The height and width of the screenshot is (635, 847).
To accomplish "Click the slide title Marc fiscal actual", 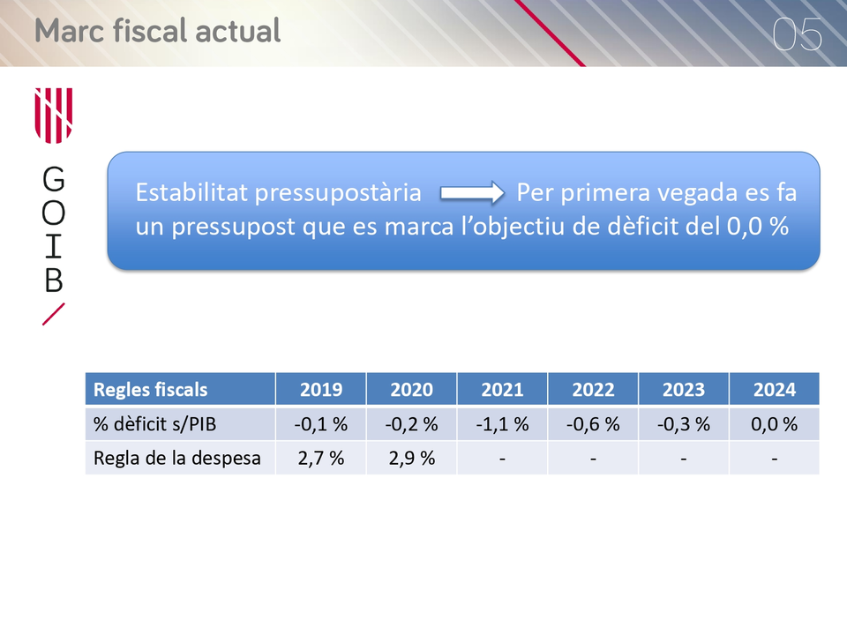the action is [x=158, y=31].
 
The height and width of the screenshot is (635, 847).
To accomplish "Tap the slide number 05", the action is [x=798, y=34].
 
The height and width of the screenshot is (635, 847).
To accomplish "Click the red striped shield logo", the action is [x=54, y=116].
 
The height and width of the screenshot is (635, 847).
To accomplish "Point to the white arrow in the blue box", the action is [x=472, y=193].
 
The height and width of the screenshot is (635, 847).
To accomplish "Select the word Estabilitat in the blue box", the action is [x=191, y=192].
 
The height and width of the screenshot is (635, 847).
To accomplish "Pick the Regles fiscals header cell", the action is [x=150, y=389].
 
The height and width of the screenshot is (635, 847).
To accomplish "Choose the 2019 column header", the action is [x=321, y=389].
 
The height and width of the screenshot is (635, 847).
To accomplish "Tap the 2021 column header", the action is [x=502, y=389].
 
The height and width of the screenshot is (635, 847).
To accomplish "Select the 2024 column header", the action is [x=775, y=389].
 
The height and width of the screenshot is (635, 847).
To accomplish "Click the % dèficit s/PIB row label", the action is [x=154, y=424].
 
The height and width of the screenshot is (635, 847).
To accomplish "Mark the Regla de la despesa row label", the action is [x=177, y=458].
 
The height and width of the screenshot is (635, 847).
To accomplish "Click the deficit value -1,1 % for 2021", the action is [x=502, y=424].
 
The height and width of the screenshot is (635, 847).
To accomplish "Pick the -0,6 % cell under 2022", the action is [x=593, y=424].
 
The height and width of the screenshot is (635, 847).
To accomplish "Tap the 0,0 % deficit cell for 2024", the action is [x=775, y=424].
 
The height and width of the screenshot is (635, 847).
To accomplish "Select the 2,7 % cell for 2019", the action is [x=321, y=458].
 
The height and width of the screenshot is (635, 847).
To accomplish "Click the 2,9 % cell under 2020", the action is [x=412, y=458].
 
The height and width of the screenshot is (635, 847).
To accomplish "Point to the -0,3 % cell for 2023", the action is [x=684, y=424].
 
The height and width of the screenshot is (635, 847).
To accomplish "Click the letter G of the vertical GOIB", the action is [x=54, y=179].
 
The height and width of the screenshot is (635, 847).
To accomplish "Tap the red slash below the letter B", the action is [x=54, y=314].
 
